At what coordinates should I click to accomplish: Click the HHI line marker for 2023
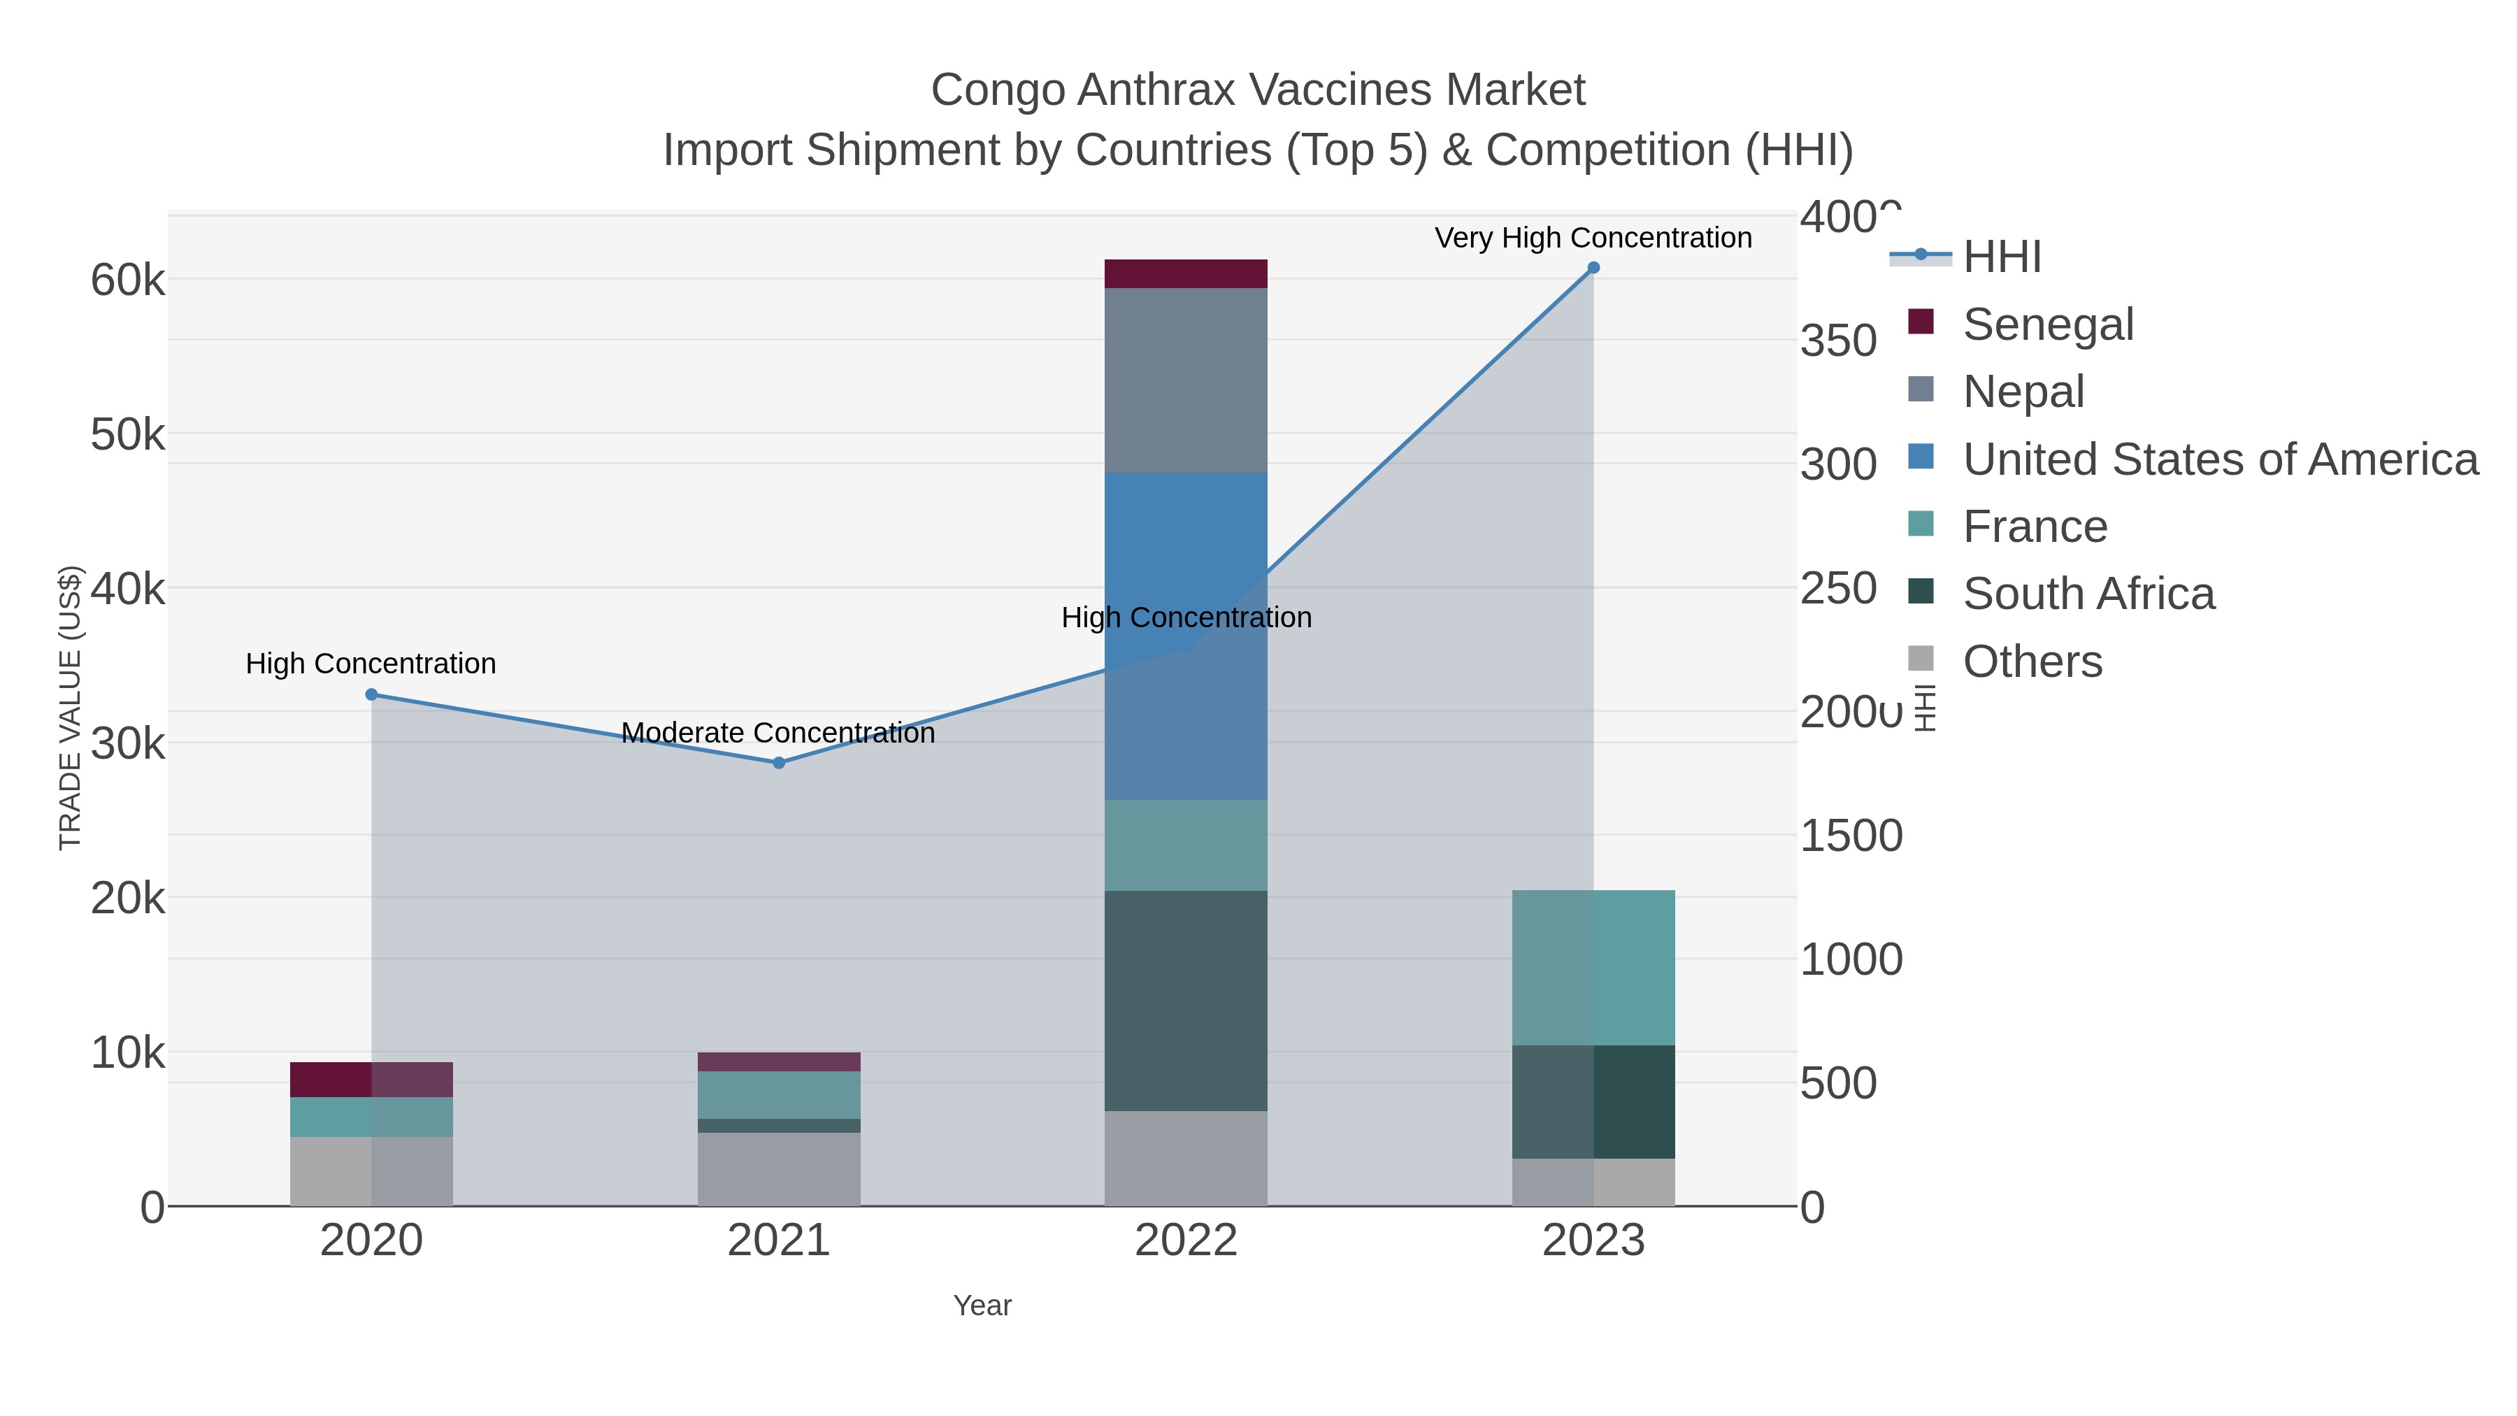click(x=1593, y=267)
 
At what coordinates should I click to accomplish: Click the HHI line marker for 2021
click(x=779, y=762)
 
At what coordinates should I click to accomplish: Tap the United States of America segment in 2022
click(x=1185, y=635)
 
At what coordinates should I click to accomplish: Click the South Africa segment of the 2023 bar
click(x=1593, y=1101)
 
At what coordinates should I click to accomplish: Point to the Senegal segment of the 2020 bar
click(x=371, y=1079)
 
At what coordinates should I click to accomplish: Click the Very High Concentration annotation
click(x=1593, y=238)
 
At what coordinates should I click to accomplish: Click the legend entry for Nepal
click(x=2023, y=391)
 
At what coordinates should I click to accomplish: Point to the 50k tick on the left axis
click(x=128, y=435)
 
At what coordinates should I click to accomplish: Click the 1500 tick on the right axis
click(x=1851, y=836)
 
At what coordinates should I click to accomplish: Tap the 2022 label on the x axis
click(x=1185, y=1240)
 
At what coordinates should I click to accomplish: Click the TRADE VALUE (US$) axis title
click(x=71, y=708)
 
